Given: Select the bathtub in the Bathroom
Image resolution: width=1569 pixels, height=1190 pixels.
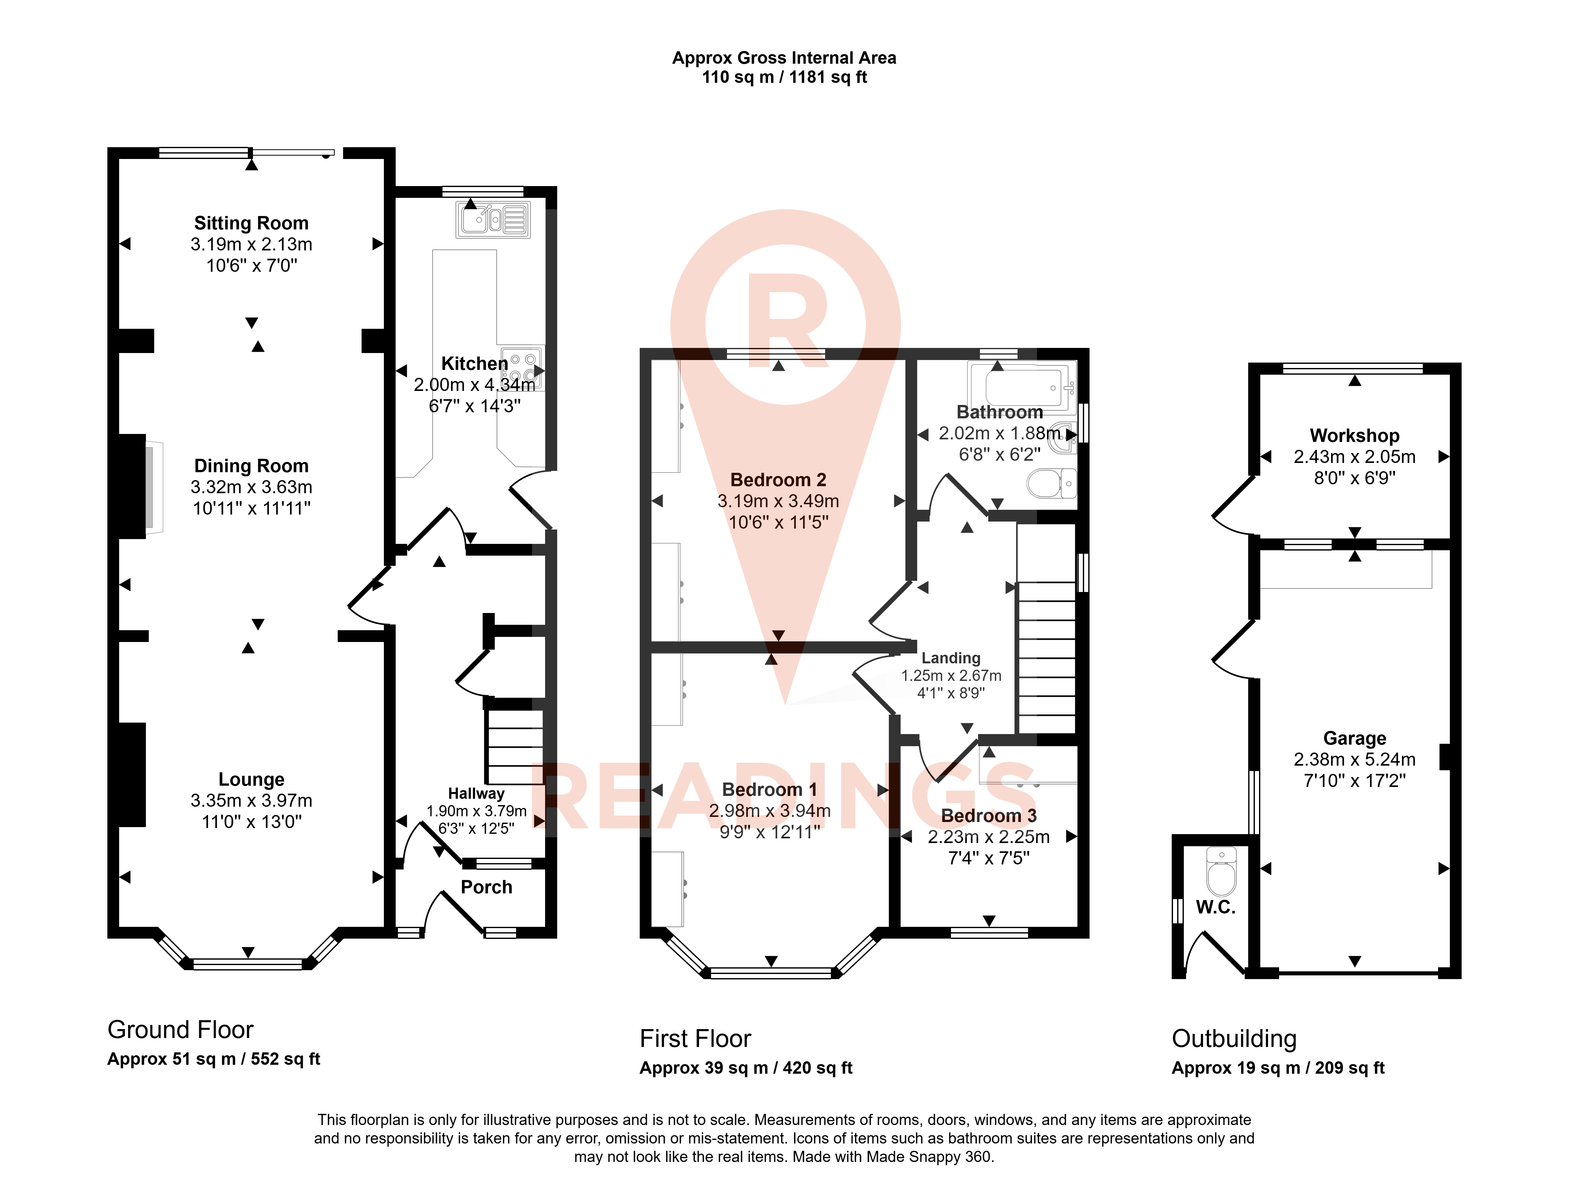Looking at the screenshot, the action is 1026,387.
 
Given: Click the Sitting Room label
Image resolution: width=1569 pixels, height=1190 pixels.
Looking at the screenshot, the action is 252,223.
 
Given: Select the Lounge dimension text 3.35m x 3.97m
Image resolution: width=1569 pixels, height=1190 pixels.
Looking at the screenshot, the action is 252,801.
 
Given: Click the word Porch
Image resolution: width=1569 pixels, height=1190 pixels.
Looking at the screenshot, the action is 486,887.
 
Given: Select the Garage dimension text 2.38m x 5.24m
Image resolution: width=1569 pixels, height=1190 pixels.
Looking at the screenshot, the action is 1355,760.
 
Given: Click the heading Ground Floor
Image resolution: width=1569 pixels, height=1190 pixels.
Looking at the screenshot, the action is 180,1030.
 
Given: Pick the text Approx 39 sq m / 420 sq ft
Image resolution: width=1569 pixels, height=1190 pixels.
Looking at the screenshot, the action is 746,1068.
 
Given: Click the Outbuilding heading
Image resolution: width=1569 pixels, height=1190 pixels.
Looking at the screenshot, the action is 1234,1039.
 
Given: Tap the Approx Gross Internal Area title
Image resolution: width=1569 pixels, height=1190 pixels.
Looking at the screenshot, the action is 784,58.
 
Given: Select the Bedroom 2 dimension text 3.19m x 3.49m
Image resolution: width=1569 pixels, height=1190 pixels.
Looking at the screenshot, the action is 778,501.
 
